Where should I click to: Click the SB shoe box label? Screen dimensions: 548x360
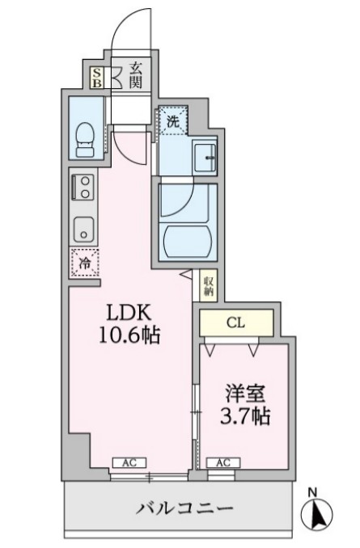97,77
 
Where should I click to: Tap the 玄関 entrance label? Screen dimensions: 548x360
134,77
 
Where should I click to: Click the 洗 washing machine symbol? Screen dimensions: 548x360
172,122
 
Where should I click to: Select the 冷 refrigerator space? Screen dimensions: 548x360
83,263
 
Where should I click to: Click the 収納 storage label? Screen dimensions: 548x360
208,285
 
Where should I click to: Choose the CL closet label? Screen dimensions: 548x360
235,323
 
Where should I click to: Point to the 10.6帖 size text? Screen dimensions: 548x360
129,335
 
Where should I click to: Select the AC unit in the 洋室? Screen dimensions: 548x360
222,462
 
